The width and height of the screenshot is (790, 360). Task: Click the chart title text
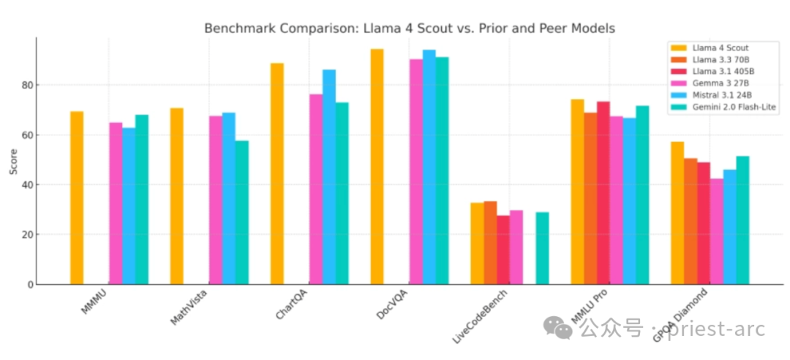click(x=410, y=29)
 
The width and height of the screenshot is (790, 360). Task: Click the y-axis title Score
click(x=14, y=162)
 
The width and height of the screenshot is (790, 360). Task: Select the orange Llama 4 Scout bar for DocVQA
click(x=377, y=166)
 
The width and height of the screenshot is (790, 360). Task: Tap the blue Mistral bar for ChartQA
click(x=329, y=177)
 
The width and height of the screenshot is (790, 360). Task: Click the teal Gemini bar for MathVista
click(x=242, y=212)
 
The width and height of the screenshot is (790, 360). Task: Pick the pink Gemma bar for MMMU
click(x=116, y=203)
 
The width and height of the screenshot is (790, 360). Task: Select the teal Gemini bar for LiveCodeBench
click(x=542, y=248)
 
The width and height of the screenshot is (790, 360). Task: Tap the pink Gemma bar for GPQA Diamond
click(x=716, y=231)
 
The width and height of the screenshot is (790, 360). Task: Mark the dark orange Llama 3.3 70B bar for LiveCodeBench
click(x=490, y=243)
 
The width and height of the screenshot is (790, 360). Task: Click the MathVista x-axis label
click(x=189, y=307)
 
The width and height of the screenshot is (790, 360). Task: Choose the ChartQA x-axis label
click(x=292, y=304)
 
